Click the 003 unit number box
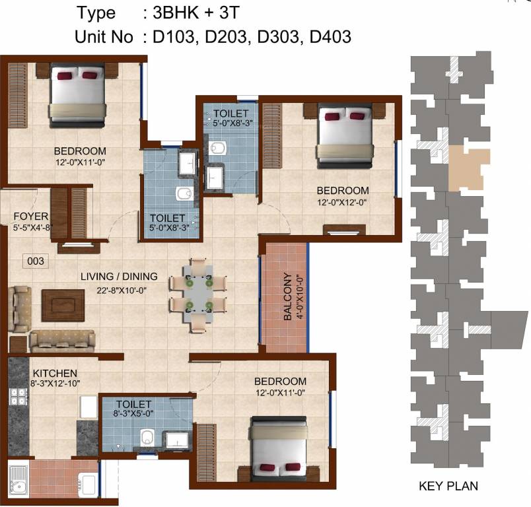click(36, 261)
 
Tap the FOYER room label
click(30, 216)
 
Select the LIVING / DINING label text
click(119, 277)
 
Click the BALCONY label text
click(288, 297)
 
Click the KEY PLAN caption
click(448, 487)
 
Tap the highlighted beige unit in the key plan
click(468, 168)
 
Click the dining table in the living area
click(199, 294)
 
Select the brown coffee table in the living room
click(63, 304)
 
